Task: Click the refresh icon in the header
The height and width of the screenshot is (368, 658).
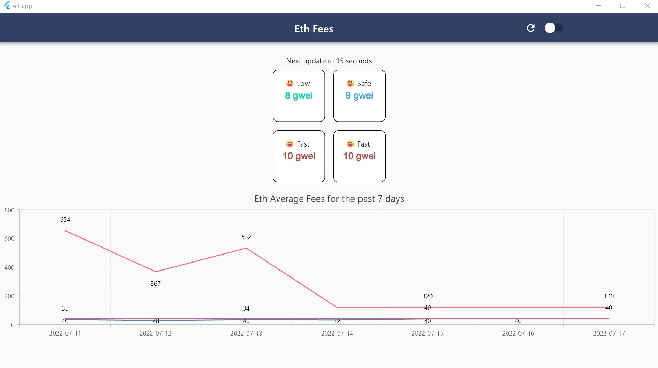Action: pyautogui.click(x=530, y=28)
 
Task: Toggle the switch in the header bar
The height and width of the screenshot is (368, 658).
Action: pyautogui.click(x=554, y=28)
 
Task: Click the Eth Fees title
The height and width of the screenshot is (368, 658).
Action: pyautogui.click(x=314, y=29)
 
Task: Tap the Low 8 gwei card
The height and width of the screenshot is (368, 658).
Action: pyautogui.click(x=299, y=96)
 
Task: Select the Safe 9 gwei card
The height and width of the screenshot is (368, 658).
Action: pyautogui.click(x=359, y=96)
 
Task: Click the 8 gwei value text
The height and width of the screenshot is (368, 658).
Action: pyautogui.click(x=299, y=95)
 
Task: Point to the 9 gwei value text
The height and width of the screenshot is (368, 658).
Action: pyautogui.click(x=359, y=95)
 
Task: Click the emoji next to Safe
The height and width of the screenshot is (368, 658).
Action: pyautogui.click(x=350, y=83)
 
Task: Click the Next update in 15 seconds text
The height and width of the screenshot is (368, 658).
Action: pyautogui.click(x=329, y=61)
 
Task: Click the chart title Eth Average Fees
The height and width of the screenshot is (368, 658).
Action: pyautogui.click(x=329, y=199)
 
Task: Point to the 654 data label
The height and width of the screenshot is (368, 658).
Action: pyautogui.click(x=65, y=220)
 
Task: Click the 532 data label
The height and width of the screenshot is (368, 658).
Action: pyautogui.click(x=246, y=237)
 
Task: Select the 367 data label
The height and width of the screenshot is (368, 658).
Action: pyautogui.click(x=156, y=284)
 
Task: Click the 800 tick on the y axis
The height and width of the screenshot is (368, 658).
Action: pyautogui.click(x=9, y=210)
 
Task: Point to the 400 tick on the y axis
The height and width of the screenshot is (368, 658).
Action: pyautogui.click(x=9, y=267)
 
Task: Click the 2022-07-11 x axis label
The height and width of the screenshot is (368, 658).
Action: pyautogui.click(x=65, y=334)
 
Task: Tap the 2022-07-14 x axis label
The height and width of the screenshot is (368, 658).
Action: pyautogui.click(x=337, y=334)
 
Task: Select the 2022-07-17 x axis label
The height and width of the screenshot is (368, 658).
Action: pyautogui.click(x=609, y=334)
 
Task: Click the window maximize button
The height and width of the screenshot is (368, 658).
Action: pyautogui.click(x=623, y=6)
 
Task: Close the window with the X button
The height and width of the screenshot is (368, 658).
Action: pyautogui.click(x=647, y=6)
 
